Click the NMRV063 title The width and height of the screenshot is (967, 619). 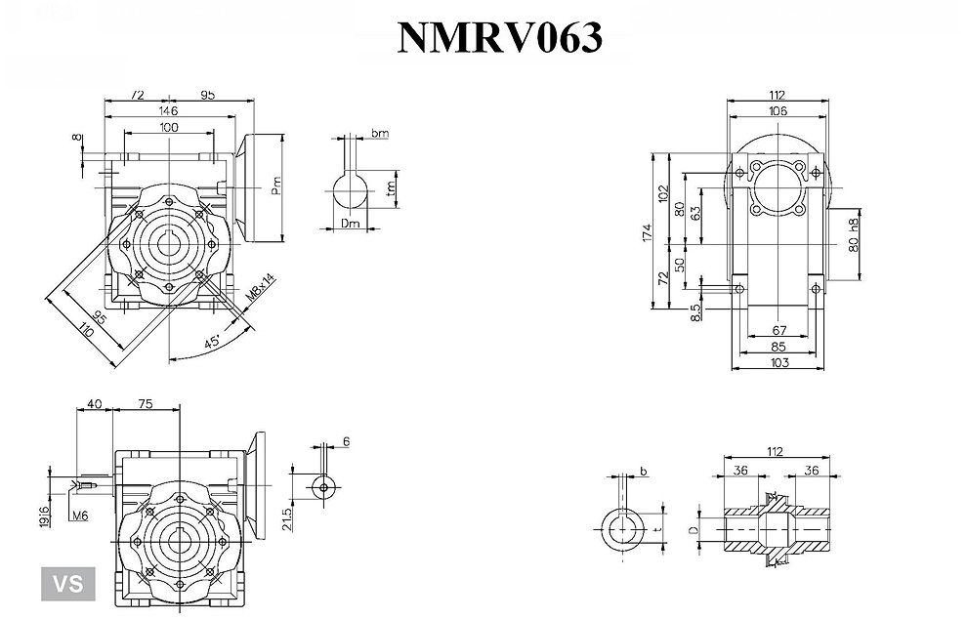click(499, 36)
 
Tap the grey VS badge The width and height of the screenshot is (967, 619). click(67, 584)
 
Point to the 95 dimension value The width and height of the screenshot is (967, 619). click(207, 96)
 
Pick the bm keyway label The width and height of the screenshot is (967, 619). click(380, 133)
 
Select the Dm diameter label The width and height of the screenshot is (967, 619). click(352, 225)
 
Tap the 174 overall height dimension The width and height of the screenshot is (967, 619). click(648, 232)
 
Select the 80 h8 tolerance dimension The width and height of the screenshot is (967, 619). click(854, 235)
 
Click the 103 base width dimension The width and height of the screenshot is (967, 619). click(778, 363)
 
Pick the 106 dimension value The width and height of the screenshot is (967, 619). click(778, 112)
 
